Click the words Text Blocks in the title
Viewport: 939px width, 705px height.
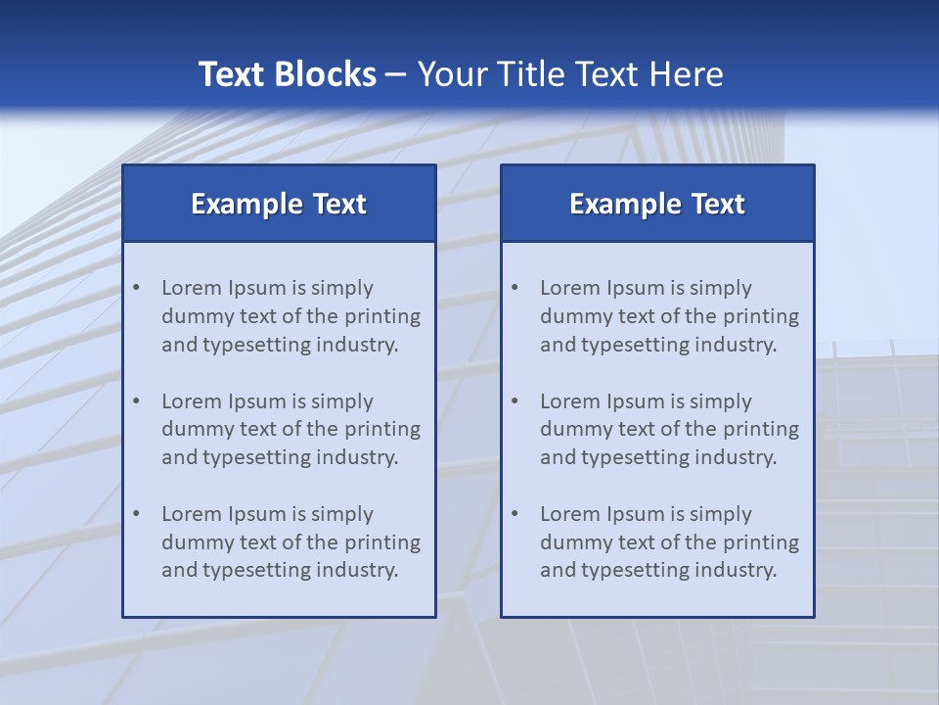click(287, 74)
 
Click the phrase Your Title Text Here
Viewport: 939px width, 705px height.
click(570, 74)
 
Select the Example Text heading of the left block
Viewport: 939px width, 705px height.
click(279, 204)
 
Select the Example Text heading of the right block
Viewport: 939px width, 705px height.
click(657, 204)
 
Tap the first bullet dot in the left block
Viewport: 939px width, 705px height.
click(136, 288)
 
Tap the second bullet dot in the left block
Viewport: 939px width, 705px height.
click(136, 401)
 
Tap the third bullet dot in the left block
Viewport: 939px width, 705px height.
click(136, 514)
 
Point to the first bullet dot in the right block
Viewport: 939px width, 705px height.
click(514, 288)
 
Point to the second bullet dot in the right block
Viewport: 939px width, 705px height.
click(514, 401)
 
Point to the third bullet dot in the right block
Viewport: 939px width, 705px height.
click(514, 514)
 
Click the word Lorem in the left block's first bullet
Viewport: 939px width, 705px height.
click(192, 288)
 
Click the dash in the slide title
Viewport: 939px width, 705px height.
click(396, 75)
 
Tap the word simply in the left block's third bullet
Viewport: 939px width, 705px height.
click(342, 514)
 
